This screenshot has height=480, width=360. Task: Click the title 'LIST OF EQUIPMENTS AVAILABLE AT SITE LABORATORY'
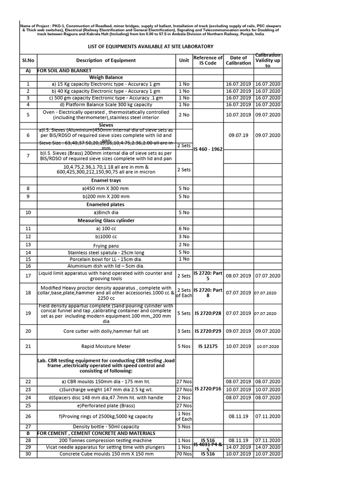click(x=150, y=46)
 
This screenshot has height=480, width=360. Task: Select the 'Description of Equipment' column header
click(x=106, y=60)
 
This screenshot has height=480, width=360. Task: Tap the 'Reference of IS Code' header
click(x=208, y=60)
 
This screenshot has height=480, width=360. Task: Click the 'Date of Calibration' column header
click(x=239, y=60)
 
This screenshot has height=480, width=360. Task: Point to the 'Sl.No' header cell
click(x=28, y=60)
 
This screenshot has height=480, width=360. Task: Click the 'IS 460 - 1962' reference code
click(x=208, y=149)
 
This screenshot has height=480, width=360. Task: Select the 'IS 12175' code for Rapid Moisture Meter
click(x=208, y=346)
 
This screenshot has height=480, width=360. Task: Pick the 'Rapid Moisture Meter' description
click(x=106, y=346)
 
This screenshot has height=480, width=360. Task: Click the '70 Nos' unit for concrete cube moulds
click(x=184, y=454)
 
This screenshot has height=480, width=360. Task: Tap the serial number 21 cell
click(x=28, y=346)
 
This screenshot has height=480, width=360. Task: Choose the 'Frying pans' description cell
click(x=106, y=245)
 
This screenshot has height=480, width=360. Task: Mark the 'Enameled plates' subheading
click(x=106, y=204)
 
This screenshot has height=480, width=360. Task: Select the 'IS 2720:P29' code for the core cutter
click(x=208, y=331)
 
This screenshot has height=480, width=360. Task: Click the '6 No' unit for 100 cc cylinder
click(x=184, y=228)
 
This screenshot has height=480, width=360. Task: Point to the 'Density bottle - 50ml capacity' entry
click(x=106, y=427)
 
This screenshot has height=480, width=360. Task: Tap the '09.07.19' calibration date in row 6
click(x=239, y=135)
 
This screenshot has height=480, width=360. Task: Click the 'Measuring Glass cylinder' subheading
click(x=106, y=220)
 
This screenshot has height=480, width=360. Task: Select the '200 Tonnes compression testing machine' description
click(x=106, y=441)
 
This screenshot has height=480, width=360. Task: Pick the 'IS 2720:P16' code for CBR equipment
click(x=208, y=389)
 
